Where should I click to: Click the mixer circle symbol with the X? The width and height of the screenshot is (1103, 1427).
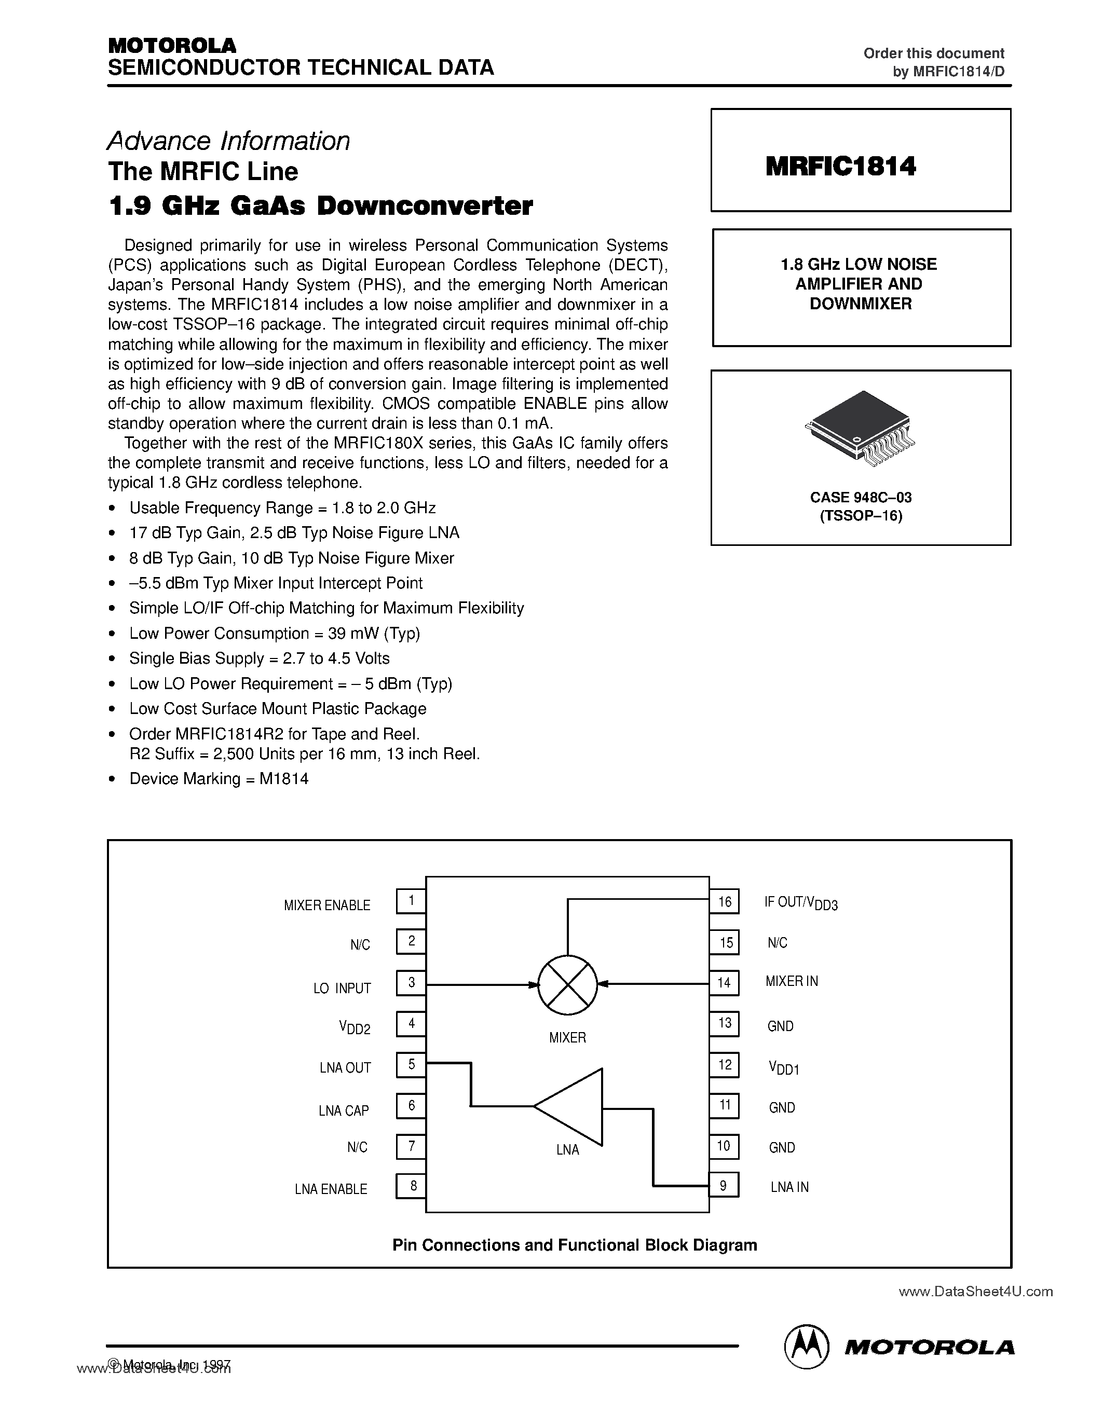coord(567,985)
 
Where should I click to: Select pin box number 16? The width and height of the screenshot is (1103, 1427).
coord(724,902)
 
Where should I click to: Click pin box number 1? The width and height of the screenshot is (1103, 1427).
coord(411,901)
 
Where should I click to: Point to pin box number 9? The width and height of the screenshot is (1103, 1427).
coord(724,1185)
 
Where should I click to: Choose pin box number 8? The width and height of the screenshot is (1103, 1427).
coord(411,1186)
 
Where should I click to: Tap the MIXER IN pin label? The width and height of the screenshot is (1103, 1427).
coord(792,981)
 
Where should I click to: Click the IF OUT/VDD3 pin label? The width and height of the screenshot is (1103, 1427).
coord(800,903)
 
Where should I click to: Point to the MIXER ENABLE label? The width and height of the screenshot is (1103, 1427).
coord(326,905)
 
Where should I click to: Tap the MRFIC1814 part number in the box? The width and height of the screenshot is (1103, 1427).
coord(840,167)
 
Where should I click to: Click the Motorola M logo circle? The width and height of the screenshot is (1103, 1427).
coord(806,1347)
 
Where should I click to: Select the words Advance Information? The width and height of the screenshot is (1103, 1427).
coord(229,141)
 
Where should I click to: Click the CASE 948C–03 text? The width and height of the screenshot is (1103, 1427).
coord(861,497)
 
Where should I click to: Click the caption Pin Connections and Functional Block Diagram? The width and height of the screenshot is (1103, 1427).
coord(575,1245)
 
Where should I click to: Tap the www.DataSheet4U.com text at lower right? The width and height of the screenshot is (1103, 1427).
coord(975,1291)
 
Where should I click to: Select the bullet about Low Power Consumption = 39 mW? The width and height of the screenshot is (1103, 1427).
coord(275,634)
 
